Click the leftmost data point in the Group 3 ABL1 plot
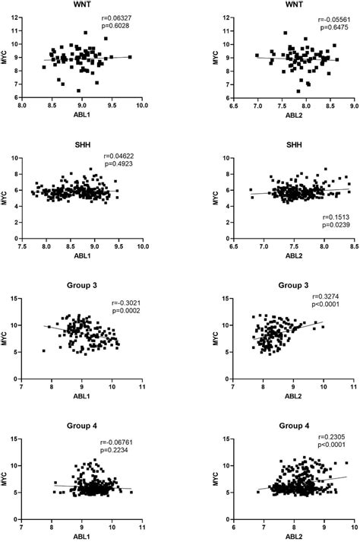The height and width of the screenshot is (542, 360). point(44,351)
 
